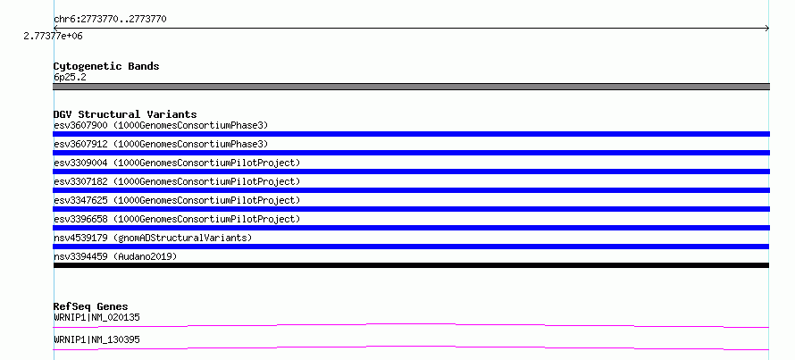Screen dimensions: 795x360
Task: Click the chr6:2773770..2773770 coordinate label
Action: click(110, 20)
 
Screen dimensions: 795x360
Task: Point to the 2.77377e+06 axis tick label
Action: click(53, 36)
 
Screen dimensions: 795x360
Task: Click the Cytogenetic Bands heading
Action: click(106, 66)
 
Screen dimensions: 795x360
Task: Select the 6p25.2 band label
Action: click(70, 77)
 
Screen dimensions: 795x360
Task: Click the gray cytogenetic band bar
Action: click(411, 87)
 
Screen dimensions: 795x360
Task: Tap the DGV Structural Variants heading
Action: click(125, 114)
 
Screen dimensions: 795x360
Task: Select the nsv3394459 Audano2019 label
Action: click(115, 256)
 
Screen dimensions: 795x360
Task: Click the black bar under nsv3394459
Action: click(411, 265)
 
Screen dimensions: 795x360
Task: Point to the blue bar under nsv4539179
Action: click(411, 247)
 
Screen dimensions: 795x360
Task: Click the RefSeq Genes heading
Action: click(90, 306)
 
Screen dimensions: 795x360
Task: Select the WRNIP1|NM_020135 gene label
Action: click(96, 317)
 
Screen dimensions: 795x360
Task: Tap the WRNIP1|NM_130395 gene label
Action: click(96, 339)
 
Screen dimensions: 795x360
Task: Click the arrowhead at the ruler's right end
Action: click(767, 29)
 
